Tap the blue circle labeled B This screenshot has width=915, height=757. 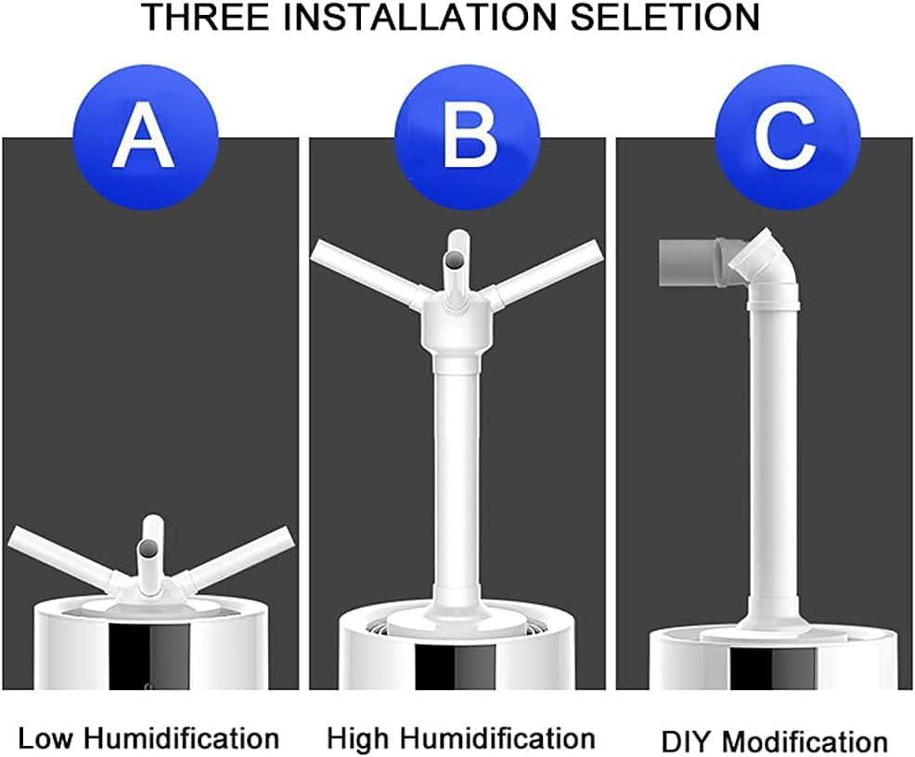tap(457, 139)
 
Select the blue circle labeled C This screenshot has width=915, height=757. tap(777, 139)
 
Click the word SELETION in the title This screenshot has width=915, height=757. tap(666, 18)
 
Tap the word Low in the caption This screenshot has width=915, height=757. tap(46, 738)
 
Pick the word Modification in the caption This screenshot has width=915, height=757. tap(805, 741)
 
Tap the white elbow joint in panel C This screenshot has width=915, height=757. tap(761, 269)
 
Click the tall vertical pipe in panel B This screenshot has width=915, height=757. tap(456, 482)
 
